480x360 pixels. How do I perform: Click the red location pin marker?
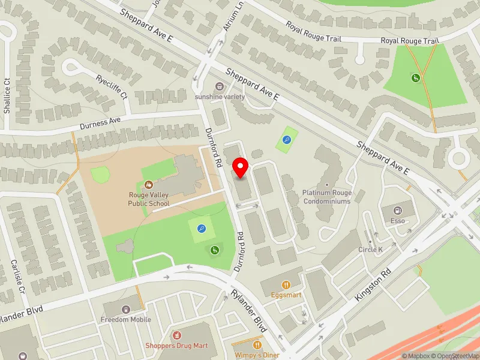click(241, 167)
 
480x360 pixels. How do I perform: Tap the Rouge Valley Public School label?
click(149, 199)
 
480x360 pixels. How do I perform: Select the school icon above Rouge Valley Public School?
click(148, 185)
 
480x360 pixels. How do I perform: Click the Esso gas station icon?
click(397, 210)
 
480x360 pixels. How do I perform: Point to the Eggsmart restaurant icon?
click(287, 285)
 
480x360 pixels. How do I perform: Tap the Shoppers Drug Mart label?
click(176, 346)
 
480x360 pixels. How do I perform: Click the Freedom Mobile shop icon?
click(126, 310)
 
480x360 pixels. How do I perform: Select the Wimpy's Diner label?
click(257, 354)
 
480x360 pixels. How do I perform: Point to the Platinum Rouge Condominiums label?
click(327, 197)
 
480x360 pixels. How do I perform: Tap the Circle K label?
click(370, 249)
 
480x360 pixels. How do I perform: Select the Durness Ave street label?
click(100, 124)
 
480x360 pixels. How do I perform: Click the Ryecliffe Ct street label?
click(112, 87)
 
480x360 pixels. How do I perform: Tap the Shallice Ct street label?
click(7, 96)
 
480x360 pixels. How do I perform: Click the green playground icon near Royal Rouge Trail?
click(415, 77)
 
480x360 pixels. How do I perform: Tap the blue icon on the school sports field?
click(201, 228)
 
